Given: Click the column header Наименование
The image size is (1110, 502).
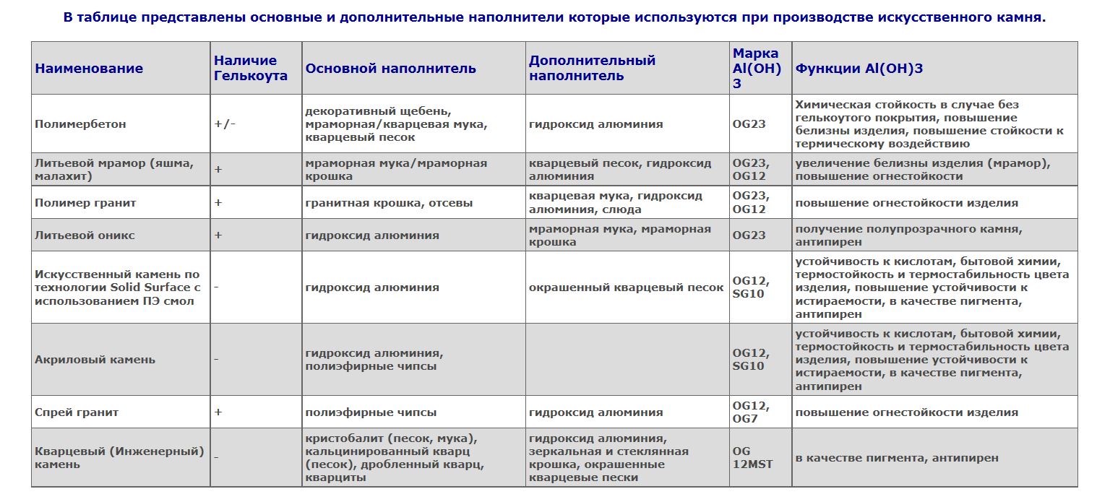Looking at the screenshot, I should pyautogui.click(x=89, y=69).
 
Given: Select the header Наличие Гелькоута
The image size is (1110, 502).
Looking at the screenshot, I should pyautogui.click(x=250, y=69).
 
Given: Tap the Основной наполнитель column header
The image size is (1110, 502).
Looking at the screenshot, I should pyautogui.click(x=390, y=69).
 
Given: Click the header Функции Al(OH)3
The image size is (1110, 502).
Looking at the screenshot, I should pyautogui.click(x=859, y=69).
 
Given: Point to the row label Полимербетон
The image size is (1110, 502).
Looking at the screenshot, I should pyautogui.click(x=80, y=124).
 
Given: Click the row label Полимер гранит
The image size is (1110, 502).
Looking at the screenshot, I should pyautogui.click(x=85, y=203).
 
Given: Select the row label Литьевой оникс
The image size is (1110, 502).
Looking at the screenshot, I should pyautogui.click(x=85, y=235).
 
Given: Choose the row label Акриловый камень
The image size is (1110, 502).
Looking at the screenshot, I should pyautogui.click(x=95, y=360).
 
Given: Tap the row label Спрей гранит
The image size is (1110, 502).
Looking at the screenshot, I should pyautogui.click(x=77, y=412).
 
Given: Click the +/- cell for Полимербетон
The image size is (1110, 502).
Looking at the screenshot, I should pyautogui.click(x=225, y=124).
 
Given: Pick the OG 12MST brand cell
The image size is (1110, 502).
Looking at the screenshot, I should pyautogui.click(x=752, y=458).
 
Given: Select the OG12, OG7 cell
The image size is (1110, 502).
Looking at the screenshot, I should pyautogui.click(x=751, y=412).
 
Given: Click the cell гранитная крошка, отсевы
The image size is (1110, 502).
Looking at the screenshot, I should pyautogui.click(x=389, y=203).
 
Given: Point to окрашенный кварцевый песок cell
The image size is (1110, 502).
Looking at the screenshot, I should pyautogui.click(x=626, y=287).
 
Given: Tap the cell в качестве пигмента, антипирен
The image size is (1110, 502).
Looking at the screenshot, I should pyautogui.click(x=897, y=458).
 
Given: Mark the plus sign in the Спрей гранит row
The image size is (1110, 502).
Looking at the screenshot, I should pyautogui.click(x=218, y=412).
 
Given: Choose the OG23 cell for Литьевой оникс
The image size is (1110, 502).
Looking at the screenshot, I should pyautogui.click(x=749, y=235).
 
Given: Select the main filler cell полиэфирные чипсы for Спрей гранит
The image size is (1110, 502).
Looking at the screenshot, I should pyautogui.click(x=371, y=412).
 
